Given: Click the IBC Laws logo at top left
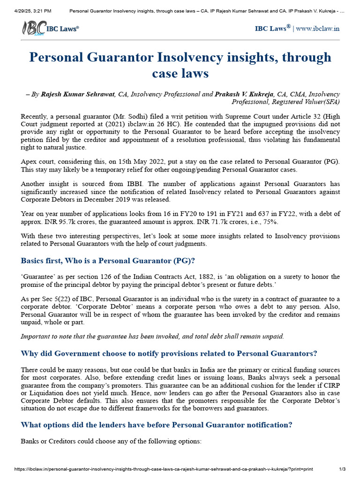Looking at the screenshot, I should point(50,28).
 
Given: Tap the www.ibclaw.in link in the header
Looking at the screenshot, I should point(318,29).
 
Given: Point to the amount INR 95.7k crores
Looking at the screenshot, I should point(66,221).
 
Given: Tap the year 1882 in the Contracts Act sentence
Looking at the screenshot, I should point(186,277).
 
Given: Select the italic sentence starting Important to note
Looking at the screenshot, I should point(152,336).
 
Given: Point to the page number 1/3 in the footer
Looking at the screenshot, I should point(342,469).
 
